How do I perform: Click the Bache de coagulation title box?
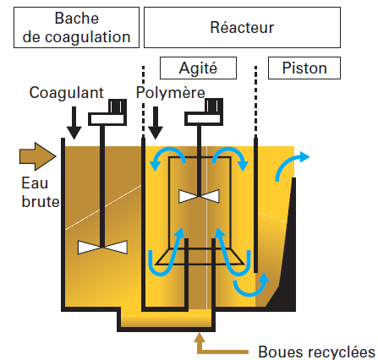tap(76, 27)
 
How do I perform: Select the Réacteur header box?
tap(242, 27)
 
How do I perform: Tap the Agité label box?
tap(198, 68)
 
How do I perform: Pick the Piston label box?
tap(304, 68)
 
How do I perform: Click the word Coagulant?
tap(67, 92)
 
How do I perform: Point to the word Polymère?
tap(171, 92)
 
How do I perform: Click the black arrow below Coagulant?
tap(74, 123)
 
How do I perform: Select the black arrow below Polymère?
tap(156, 123)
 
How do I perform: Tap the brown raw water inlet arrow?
tap(38, 156)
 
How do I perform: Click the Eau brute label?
tap(41, 193)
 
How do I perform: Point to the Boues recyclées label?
tap(316, 352)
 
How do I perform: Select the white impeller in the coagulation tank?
tap(102, 248)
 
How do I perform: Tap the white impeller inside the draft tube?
tap(199, 196)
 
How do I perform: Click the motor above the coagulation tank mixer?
tap(107, 112)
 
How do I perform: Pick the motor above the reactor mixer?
tap(204, 112)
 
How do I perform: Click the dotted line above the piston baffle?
tap(255, 101)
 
